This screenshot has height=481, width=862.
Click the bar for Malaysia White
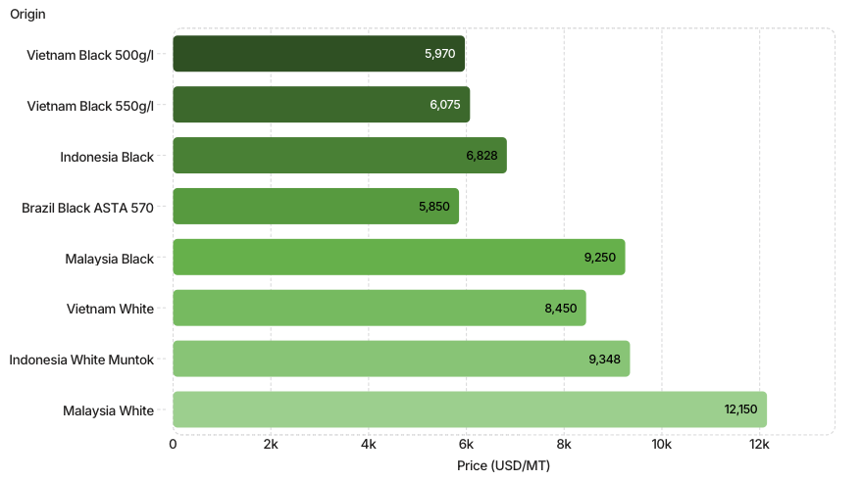coord(470,409)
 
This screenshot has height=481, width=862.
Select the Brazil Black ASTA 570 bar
coord(316,207)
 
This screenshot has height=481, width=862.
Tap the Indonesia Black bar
coord(339,156)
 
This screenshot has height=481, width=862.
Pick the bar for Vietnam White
coord(380,308)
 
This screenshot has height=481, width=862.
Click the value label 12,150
coord(740,409)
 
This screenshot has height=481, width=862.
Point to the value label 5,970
coord(439,54)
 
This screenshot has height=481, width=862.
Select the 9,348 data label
coord(604,360)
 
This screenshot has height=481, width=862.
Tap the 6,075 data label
coord(445,104)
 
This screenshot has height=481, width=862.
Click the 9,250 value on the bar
coord(600,257)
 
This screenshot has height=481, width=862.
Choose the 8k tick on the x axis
coord(564,444)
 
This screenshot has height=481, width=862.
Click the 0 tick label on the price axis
coord(174,444)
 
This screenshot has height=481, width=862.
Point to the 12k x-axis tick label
coord(759,444)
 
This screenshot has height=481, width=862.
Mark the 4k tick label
coord(369,444)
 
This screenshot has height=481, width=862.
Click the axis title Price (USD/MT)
coord(503,465)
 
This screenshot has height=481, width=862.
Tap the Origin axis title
coord(27,15)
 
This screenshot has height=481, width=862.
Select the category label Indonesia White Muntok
coord(81,360)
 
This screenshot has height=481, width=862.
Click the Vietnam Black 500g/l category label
coord(90,55)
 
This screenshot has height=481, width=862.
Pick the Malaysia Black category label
coord(110,259)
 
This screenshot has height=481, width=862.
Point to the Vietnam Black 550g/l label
coord(90,106)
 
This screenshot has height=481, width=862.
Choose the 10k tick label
coord(661,444)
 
